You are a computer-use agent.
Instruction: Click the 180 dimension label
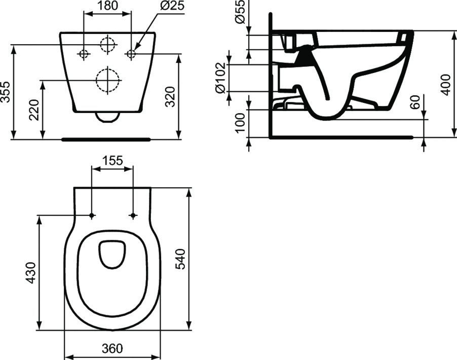coord(107,7)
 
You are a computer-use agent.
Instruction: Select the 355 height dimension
coord(6,92)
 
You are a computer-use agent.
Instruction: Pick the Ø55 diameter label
coord(241,13)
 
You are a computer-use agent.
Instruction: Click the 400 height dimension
coord(445,84)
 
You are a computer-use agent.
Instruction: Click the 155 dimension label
coord(112,161)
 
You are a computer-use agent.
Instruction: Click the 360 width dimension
coord(112,349)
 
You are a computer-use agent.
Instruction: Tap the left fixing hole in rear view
coord(84,53)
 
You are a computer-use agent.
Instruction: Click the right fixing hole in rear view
coord(131,53)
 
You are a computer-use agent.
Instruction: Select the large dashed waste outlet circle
coord(107,80)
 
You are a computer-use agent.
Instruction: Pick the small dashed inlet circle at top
coord(107,45)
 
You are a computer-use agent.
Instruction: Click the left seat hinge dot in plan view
coord(92,216)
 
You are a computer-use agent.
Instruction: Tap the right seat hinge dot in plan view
coord(133,216)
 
